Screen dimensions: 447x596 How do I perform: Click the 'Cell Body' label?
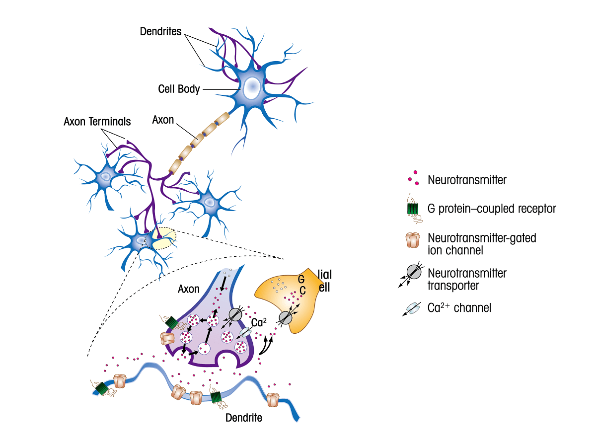pyautogui.click(x=179, y=89)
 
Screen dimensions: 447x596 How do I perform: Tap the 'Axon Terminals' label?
pyautogui.click(x=97, y=122)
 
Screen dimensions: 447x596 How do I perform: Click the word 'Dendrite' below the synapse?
pyautogui.click(x=243, y=418)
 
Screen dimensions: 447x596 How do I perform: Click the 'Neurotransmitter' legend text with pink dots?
pyautogui.click(x=467, y=180)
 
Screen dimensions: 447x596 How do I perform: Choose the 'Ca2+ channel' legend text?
pyautogui.click(x=459, y=308)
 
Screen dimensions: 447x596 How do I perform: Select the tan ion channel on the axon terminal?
pyautogui.click(x=167, y=339)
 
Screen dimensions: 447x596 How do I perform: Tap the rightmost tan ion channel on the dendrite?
pyautogui.click(x=273, y=399)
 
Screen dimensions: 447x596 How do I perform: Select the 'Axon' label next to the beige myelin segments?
pyautogui.click(x=163, y=120)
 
